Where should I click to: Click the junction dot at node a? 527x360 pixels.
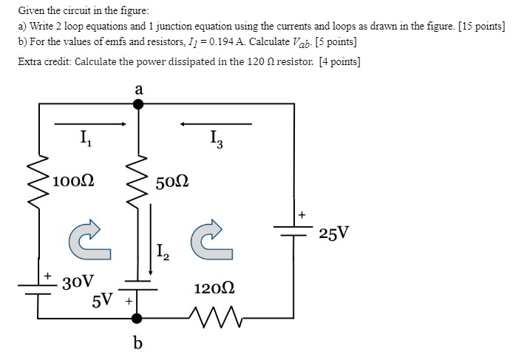point(137,105)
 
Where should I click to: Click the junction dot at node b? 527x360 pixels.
point(137,319)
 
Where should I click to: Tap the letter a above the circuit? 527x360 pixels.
point(138,89)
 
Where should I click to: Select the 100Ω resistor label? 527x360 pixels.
point(73,180)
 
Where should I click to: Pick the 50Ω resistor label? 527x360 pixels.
point(173,181)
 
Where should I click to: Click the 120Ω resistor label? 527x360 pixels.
point(214,289)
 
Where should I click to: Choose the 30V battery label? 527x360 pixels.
point(78,282)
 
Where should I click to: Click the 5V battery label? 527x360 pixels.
point(103,300)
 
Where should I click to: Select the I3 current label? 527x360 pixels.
point(215,138)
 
